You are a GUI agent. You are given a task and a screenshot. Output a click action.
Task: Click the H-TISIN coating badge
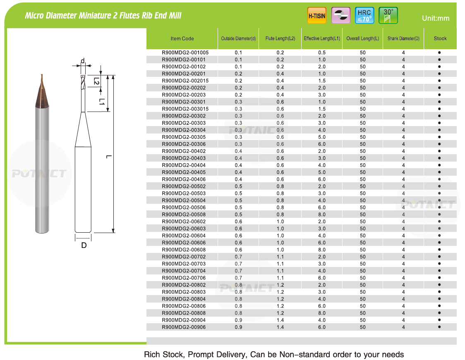tap(317, 16)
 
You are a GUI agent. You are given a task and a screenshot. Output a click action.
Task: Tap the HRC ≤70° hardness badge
tap(364, 16)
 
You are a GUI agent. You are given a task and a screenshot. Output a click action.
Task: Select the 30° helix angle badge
tap(388, 15)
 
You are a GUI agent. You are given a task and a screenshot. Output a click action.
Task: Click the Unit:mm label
tap(435, 18)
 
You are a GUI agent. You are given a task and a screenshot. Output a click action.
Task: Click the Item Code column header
tap(182, 38)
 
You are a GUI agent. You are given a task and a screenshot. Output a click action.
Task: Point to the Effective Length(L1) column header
tap(321, 38)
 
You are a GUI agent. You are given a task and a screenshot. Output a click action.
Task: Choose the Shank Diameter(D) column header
tap(403, 38)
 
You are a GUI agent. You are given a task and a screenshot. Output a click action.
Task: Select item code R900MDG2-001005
tap(185, 52)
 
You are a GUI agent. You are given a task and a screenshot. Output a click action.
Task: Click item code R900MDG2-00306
tap(183, 144)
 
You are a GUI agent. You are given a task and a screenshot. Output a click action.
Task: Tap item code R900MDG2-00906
tap(183, 327)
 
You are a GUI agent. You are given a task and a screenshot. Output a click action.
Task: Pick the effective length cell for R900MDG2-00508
tap(321, 215)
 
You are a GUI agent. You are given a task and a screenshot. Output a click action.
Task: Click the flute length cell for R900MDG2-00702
tap(280, 257)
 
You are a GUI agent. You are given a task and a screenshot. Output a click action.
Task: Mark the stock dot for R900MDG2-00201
tap(439, 74)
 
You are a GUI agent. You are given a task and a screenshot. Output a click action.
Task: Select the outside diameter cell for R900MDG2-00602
tap(238, 222)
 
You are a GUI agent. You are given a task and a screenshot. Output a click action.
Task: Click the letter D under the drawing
tap(84, 246)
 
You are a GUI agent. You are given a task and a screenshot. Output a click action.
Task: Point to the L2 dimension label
tap(96, 81)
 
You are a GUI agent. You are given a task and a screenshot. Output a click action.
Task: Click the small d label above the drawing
tap(83, 62)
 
